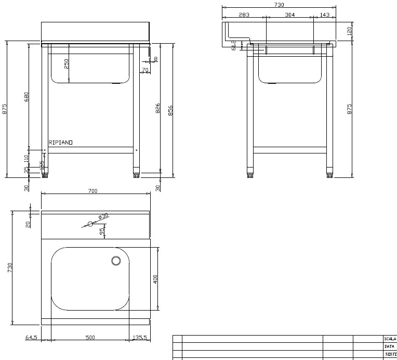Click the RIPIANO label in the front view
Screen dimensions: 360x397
coord(61,142)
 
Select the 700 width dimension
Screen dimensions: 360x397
coord(92,191)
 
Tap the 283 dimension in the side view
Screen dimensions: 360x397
coord(244,15)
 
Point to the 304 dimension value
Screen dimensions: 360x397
coord(290,15)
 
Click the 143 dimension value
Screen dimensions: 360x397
coord(325,15)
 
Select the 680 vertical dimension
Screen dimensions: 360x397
coord(27,97)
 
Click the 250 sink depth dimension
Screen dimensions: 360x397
coord(67,63)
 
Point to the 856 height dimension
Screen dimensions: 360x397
coord(170,110)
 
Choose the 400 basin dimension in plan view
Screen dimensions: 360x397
coord(155,279)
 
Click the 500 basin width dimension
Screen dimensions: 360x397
coord(90,338)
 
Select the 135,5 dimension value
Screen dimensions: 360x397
coord(139,338)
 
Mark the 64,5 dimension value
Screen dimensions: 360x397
coord(31,338)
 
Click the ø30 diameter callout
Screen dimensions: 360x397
coord(103,216)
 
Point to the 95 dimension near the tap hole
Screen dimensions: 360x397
coord(102,230)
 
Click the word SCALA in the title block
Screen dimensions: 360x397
coord(390,338)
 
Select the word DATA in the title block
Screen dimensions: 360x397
coord(389,346)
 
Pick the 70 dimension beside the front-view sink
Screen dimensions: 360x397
coord(144,69)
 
